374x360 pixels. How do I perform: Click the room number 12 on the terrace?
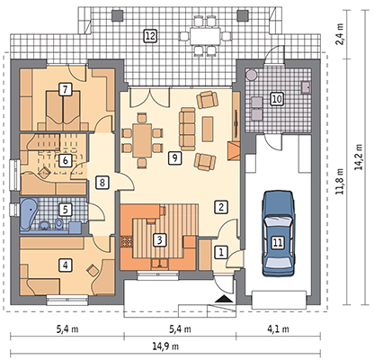tap(150, 36)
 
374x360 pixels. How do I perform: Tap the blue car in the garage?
tap(278, 233)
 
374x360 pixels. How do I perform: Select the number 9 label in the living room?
tap(174, 157)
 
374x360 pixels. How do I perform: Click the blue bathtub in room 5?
tap(29, 214)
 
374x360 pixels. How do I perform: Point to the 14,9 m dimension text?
tap(165, 346)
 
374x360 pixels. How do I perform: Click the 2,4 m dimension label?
tap(339, 34)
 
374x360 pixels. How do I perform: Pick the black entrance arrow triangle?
tap(224, 299)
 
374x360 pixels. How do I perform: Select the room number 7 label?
tap(66, 90)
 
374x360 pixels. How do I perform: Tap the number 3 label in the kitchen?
tap(160, 240)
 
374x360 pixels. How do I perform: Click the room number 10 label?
tap(277, 99)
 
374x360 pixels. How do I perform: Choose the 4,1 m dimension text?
tap(278, 329)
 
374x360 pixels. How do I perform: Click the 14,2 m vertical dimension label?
tap(359, 157)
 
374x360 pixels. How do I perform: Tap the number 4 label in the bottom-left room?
tap(66, 265)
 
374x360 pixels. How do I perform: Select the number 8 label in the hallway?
tap(102, 182)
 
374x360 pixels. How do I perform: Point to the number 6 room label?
tap(66, 160)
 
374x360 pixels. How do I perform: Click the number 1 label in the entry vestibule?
tap(221, 252)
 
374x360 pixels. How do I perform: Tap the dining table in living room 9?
tap(142, 140)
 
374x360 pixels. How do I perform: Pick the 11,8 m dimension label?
tap(339, 181)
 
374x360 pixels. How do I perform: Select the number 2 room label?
tap(221, 207)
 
